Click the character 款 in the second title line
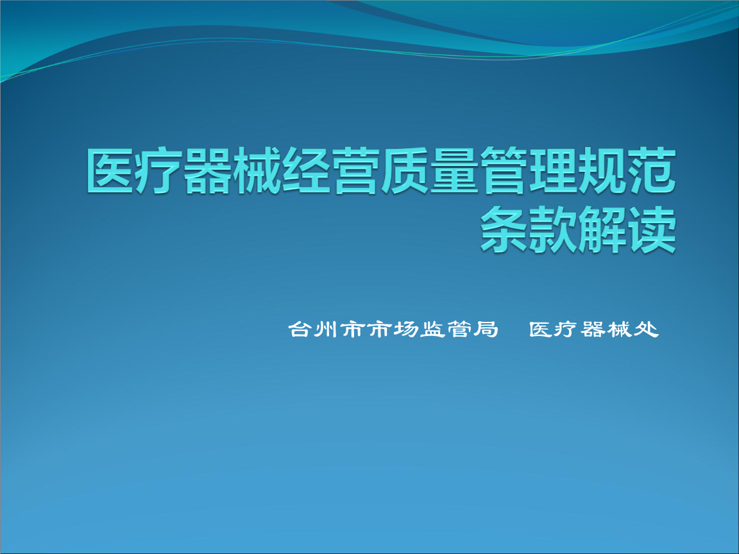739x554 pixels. [554, 230]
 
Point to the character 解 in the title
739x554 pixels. [603, 230]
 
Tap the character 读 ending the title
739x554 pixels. [652, 230]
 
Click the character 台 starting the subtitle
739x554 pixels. [300, 330]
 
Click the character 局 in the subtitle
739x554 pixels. [486, 330]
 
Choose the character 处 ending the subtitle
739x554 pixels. [647, 330]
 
